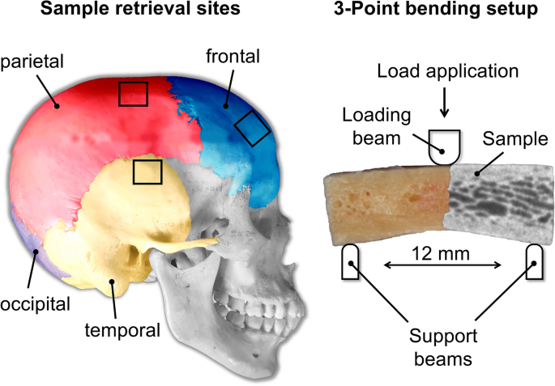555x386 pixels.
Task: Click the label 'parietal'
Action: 32,62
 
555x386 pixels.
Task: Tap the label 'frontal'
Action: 233,57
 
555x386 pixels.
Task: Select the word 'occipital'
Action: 35,304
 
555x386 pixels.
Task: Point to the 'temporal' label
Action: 122,330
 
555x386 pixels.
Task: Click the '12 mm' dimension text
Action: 441,253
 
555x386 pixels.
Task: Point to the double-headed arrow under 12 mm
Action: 442,265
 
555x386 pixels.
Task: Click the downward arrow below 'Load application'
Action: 444,103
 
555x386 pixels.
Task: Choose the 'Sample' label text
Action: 515,139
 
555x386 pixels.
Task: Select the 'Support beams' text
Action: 443,347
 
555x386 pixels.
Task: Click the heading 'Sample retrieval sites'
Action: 140,8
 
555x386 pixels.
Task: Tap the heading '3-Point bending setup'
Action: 436,9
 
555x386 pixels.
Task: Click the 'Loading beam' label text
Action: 377,126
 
